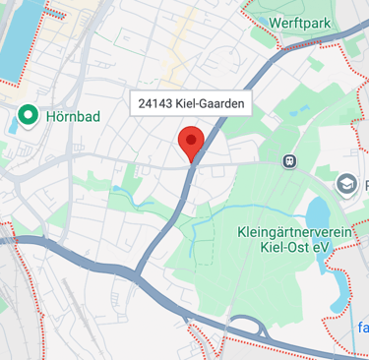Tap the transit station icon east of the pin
(x=289, y=161)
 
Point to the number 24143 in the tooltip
(x=158, y=103)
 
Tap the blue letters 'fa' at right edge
(x=362, y=327)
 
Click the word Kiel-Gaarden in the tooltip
(x=210, y=103)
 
